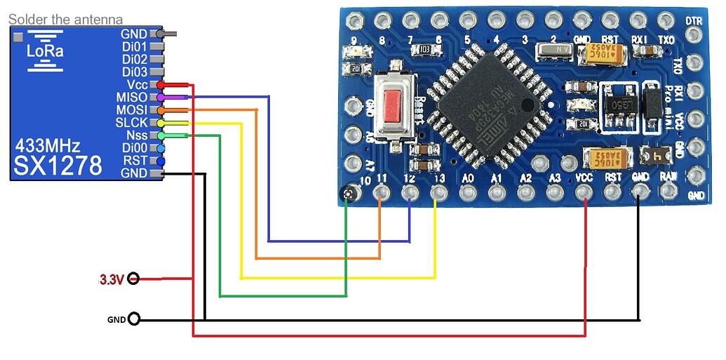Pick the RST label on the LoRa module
click(x=135, y=161)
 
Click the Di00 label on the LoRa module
click(x=135, y=148)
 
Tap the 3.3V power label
click(x=112, y=279)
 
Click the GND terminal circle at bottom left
click(x=133, y=320)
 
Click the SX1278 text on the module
click(x=58, y=166)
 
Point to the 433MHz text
click(x=48, y=147)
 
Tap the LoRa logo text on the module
click(x=44, y=51)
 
